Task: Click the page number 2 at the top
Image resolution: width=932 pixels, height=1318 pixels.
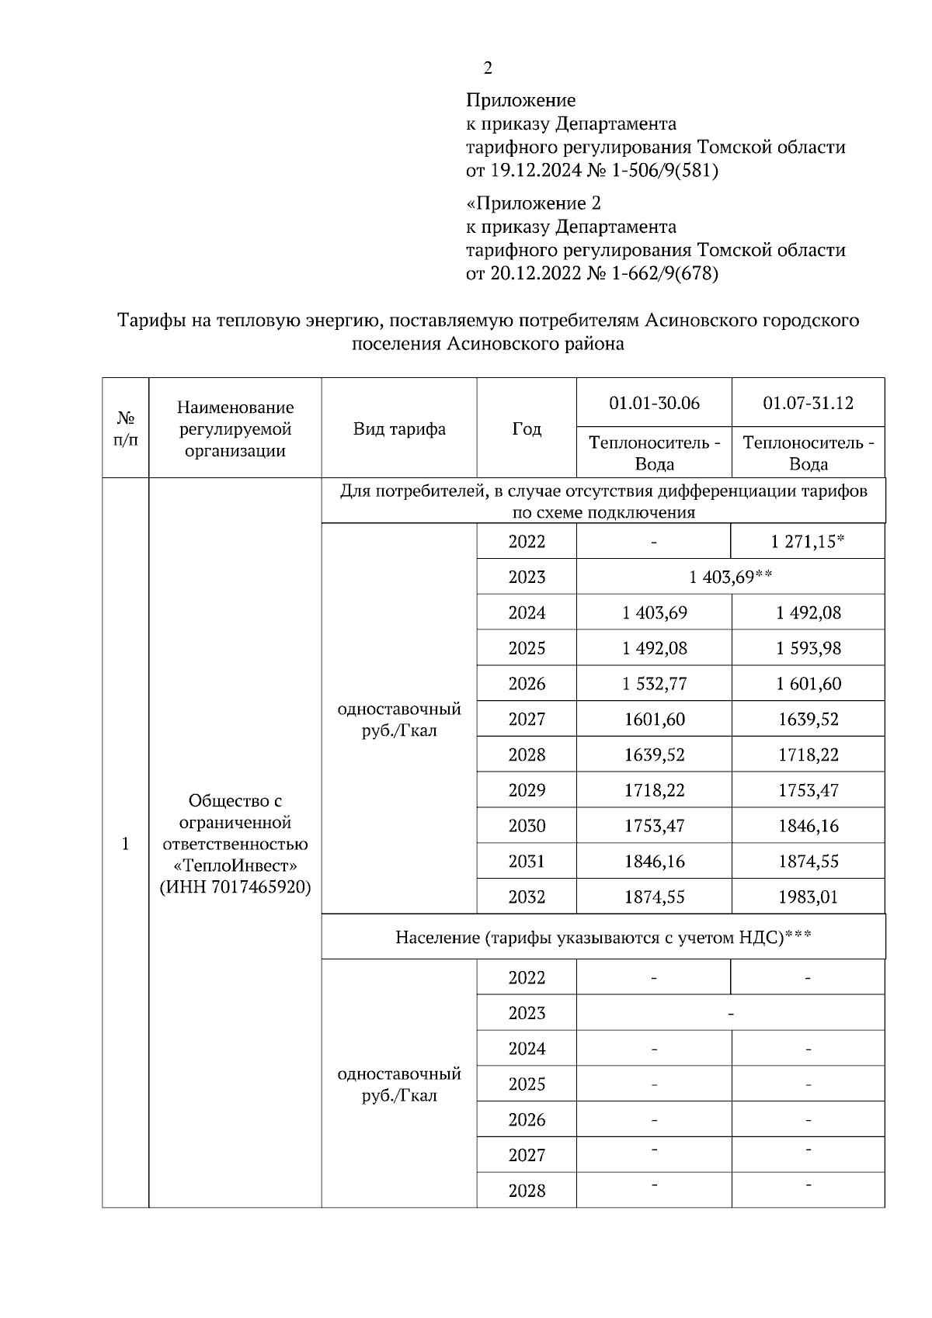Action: click(488, 68)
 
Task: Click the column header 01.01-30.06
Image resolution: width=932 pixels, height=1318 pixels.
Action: click(654, 403)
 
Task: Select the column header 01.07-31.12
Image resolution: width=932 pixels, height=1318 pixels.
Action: click(808, 403)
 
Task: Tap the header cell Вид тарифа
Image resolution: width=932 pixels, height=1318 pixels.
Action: click(399, 428)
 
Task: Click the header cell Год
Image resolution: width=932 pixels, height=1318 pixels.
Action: click(527, 428)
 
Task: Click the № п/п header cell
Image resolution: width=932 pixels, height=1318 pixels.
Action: click(126, 428)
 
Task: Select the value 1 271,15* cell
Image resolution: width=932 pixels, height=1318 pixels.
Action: click(808, 541)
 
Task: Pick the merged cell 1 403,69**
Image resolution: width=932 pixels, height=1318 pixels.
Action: click(730, 577)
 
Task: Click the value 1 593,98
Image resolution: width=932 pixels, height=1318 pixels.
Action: click(808, 647)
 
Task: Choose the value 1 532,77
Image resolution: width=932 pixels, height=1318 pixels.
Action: click(654, 683)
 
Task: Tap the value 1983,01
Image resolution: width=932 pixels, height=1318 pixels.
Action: click(808, 897)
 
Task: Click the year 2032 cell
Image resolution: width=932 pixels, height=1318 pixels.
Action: click(527, 897)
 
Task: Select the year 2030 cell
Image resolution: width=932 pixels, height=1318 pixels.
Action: click(527, 825)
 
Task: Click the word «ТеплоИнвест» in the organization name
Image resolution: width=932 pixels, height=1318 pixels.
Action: click(235, 865)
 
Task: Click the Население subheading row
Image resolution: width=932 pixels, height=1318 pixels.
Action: click(603, 937)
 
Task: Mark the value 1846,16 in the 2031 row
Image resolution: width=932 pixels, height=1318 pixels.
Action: click(654, 861)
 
